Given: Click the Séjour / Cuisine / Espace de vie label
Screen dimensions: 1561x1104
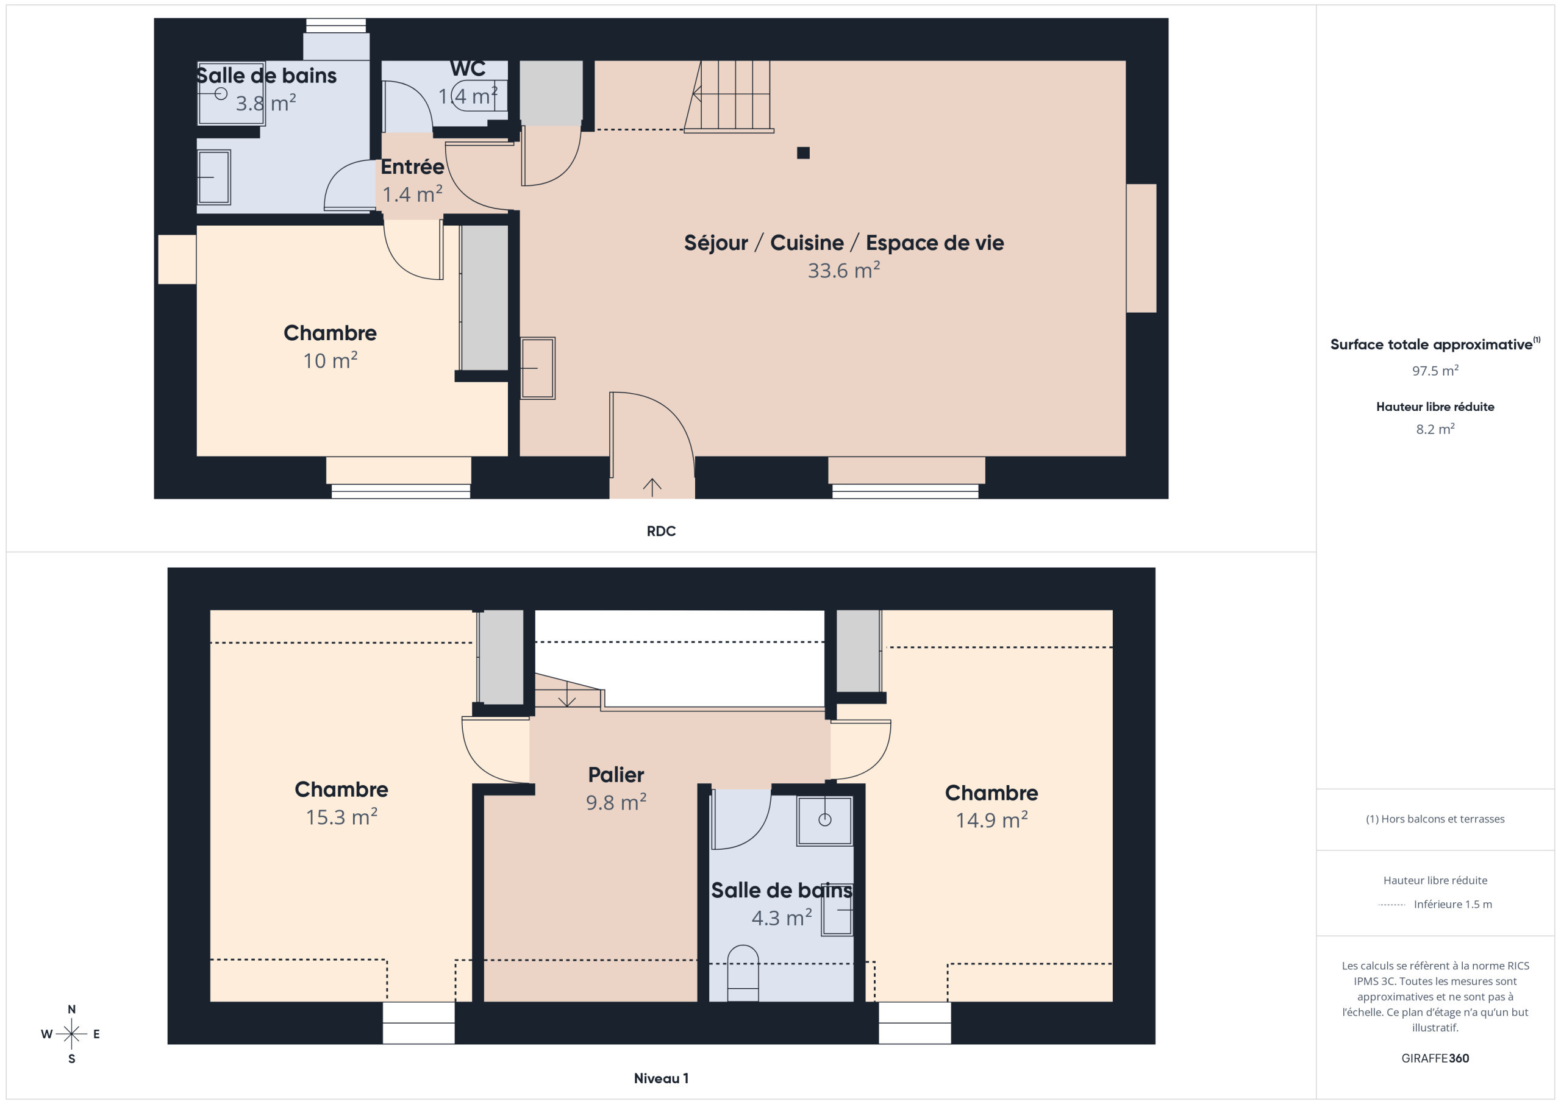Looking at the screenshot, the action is click(x=844, y=243).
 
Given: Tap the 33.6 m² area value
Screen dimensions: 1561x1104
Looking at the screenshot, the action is click(x=844, y=271).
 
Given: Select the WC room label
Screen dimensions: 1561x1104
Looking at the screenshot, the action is click(x=468, y=69).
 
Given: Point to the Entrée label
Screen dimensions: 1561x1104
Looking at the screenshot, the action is click(x=412, y=166).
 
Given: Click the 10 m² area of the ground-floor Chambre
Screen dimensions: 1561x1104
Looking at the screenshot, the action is click(x=330, y=360).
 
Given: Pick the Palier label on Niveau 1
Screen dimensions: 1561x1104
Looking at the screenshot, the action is click(x=616, y=774).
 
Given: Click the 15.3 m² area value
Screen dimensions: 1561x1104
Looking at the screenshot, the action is click(x=341, y=816).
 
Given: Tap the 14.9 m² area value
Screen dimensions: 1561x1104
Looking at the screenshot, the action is click(x=992, y=820).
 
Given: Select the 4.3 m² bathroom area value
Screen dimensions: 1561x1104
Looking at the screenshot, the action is click(x=782, y=917).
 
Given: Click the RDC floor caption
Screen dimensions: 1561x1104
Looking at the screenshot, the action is click(x=661, y=531).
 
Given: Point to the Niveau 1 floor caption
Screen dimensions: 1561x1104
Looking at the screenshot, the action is click(x=661, y=1078).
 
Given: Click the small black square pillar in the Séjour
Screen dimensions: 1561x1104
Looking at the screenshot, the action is click(x=803, y=153).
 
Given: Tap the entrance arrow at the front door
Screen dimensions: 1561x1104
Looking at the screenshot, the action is click(x=652, y=486).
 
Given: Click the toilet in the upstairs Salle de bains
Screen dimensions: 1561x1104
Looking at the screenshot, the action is click(x=743, y=973).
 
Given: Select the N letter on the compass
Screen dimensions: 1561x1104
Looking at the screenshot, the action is click(x=71, y=1010).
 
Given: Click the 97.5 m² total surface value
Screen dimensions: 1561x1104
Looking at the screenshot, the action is click(x=1435, y=371).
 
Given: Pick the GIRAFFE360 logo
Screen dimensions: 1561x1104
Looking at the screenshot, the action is click(x=1435, y=1058).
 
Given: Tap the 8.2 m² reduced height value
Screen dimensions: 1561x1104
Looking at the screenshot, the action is click(x=1435, y=429).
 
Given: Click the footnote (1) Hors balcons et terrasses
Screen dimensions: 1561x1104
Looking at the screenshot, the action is click(x=1435, y=819).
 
